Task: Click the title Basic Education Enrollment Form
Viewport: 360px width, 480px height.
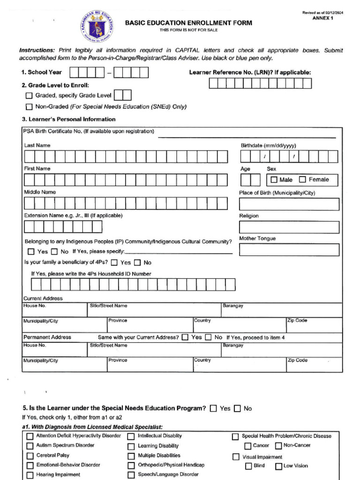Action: tap(188, 23)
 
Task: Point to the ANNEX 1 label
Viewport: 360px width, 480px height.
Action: tap(322, 18)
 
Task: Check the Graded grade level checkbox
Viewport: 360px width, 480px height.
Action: tap(29, 96)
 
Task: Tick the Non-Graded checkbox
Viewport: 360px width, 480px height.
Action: tap(29, 107)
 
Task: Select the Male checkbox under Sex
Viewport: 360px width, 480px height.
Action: tap(274, 180)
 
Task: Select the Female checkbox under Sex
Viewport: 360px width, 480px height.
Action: tap(302, 180)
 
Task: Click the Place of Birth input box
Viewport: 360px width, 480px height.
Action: tap(289, 204)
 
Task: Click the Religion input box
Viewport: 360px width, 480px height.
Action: tap(289, 227)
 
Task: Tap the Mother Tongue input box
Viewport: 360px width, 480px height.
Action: tap(289, 250)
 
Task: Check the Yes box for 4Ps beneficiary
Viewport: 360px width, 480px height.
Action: tap(114, 262)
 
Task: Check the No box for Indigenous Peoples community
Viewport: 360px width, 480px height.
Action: tap(54, 252)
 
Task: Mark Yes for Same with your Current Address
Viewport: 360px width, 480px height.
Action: tap(185, 337)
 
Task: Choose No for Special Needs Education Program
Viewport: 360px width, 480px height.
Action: tap(237, 409)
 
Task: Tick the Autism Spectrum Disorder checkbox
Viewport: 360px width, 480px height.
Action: tap(30, 446)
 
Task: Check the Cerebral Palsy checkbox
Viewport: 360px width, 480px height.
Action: tap(30, 456)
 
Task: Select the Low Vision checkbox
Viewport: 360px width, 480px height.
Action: tap(278, 466)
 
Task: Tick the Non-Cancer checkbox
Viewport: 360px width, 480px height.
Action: tap(278, 446)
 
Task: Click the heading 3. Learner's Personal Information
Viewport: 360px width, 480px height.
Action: tap(68, 119)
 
